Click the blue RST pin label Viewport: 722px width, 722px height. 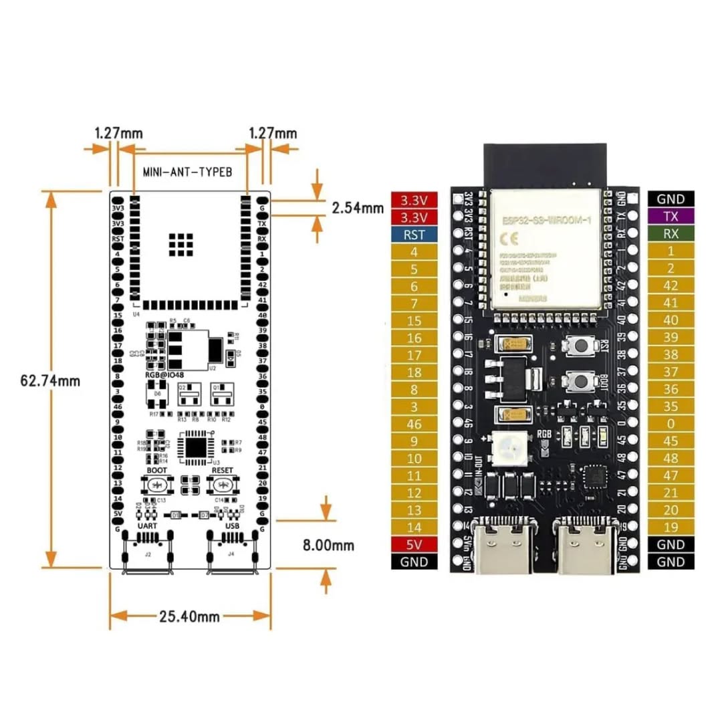point(414,235)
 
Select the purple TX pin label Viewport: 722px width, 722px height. point(671,217)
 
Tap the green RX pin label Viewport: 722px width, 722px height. point(671,234)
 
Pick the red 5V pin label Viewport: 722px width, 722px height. point(414,545)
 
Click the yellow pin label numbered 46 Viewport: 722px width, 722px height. point(414,424)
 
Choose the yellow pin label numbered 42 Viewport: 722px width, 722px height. point(671,285)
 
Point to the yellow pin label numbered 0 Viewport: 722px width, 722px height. point(671,424)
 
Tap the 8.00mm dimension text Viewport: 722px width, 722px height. point(328,546)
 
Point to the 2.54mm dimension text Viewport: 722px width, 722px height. point(358,208)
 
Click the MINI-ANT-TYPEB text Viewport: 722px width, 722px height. point(187,172)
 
